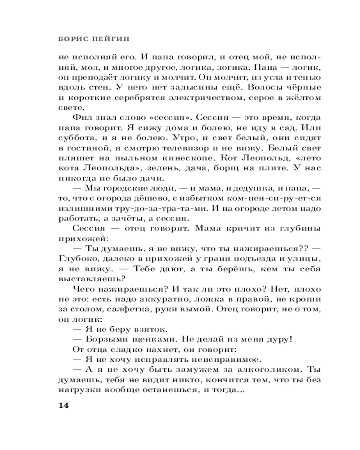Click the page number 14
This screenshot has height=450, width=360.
pos(63,405)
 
